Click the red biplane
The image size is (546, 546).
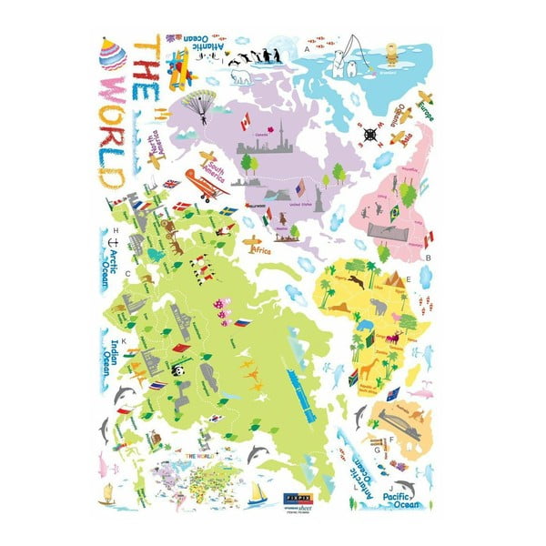coord(206,185)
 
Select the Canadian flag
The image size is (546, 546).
coord(244,123)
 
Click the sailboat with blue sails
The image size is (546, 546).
coord(258,494)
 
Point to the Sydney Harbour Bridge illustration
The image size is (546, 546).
coord(400,418)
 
